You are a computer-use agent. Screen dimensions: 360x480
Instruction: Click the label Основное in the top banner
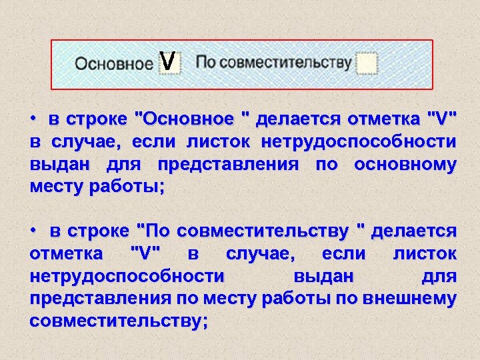pos(114,64)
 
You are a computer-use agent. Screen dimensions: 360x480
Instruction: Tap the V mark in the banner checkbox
pos(169,62)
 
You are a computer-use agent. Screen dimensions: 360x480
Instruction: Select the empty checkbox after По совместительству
pos(367,63)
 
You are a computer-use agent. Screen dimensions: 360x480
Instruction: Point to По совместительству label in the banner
pos(273,63)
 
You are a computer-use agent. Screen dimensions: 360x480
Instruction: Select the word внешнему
pos(414,299)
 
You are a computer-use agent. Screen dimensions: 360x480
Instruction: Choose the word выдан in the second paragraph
pos(323,277)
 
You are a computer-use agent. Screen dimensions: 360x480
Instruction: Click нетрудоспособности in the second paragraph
pos(127,277)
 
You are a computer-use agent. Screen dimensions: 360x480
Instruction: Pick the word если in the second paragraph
pos(343,254)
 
